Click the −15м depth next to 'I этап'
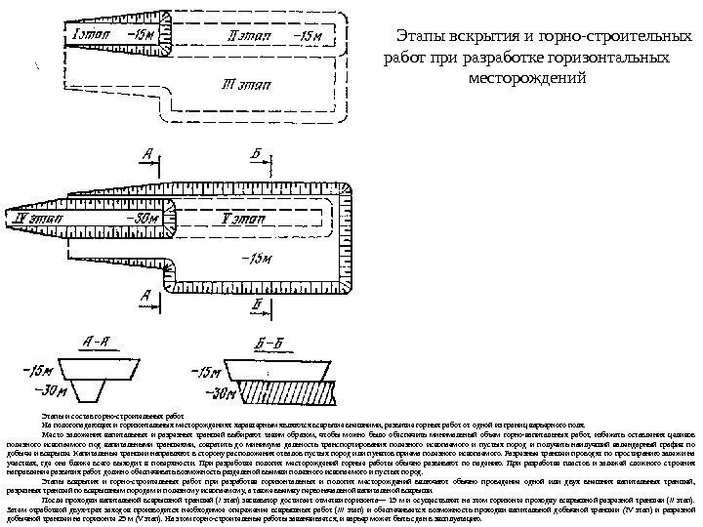[141, 36]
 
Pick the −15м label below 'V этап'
[255, 259]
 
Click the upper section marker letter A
[145, 154]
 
